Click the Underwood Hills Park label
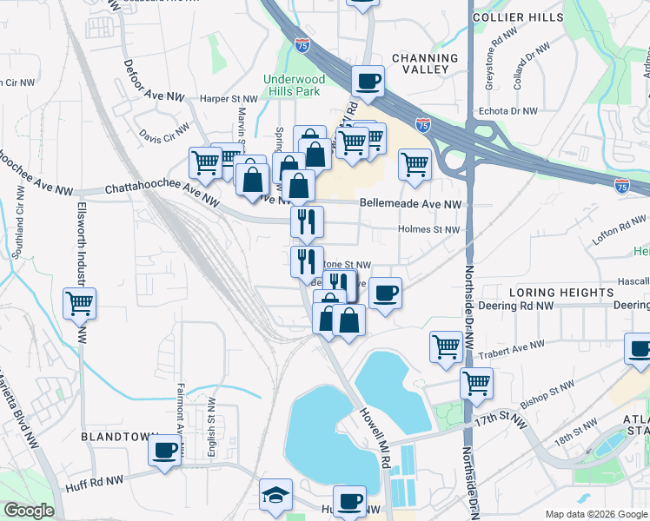(x=295, y=86)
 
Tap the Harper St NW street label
(x=202, y=99)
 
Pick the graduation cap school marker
(x=276, y=494)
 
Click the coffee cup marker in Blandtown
(x=164, y=450)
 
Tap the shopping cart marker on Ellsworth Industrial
(x=79, y=304)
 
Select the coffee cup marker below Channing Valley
(x=368, y=82)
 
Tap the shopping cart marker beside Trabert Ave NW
(x=446, y=346)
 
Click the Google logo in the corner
(x=29, y=511)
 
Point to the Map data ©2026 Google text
(x=595, y=514)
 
